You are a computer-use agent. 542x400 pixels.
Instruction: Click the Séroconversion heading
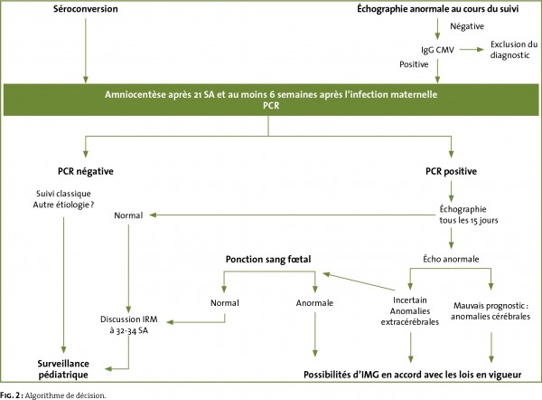pos(86,9)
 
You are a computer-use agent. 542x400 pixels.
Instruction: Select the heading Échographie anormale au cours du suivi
pos(437,9)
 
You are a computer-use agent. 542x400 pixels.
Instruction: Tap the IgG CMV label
pos(437,50)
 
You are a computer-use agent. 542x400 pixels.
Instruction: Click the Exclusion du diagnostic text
pos(514,50)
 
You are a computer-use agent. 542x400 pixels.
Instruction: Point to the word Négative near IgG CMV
pos(467,26)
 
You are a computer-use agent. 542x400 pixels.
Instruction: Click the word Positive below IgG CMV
pos(414,64)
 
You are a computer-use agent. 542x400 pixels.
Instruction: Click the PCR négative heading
pos(86,171)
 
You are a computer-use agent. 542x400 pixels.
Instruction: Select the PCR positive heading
pos(451,171)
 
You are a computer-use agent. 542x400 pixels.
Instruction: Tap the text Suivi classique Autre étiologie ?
pos(63,199)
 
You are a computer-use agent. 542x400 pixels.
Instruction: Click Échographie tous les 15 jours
pos(469,214)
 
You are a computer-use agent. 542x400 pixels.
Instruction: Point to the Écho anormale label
pos(451,259)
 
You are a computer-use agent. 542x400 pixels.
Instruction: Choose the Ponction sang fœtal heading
pos(268,260)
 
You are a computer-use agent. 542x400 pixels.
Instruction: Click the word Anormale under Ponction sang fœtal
pos(314,303)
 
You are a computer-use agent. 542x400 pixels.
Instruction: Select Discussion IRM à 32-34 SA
pos(129,325)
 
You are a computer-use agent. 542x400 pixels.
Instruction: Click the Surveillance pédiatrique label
pos(63,369)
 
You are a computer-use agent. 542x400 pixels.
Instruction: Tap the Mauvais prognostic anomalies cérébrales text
pos(491,311)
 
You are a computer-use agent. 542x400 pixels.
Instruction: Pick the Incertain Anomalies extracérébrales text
pos(410,311)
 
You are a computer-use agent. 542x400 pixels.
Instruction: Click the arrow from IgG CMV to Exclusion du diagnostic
pos(472,50)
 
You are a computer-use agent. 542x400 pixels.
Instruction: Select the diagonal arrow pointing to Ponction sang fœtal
pos(359,281)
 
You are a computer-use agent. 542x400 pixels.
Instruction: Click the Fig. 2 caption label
pos(12,395)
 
